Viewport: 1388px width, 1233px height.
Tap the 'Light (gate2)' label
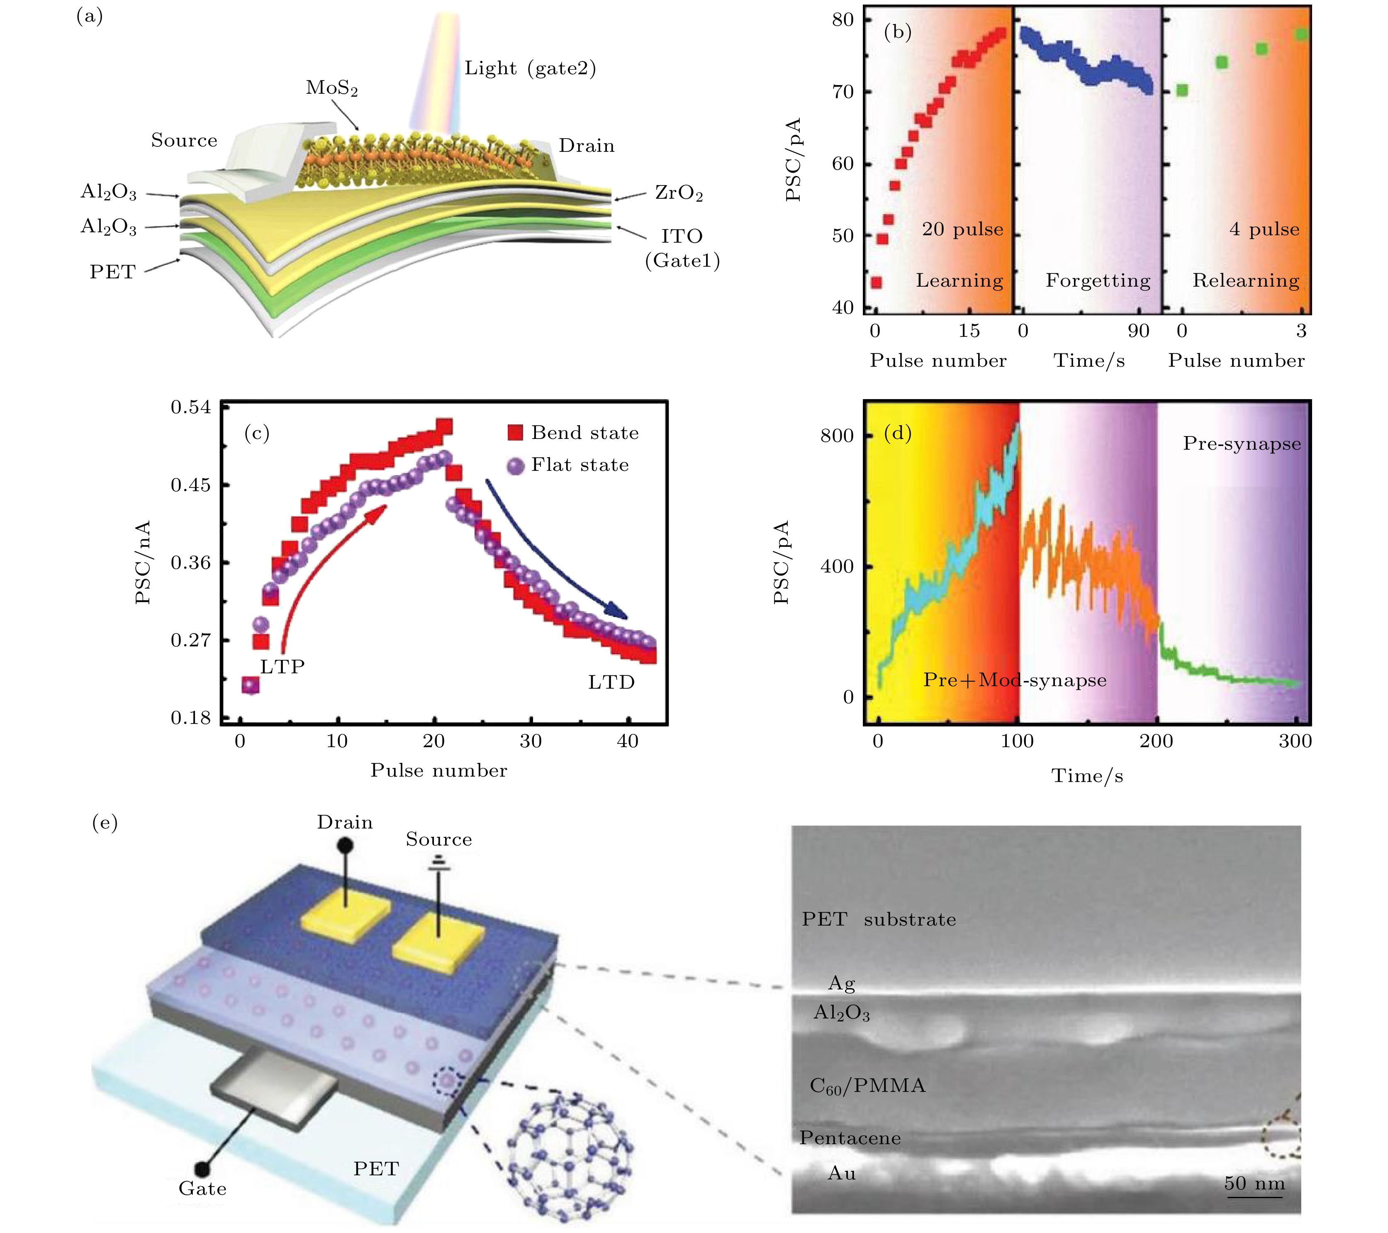coord(530,68)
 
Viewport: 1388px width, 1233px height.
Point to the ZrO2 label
coord(678,193)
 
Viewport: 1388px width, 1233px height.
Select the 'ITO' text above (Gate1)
coord(682,236)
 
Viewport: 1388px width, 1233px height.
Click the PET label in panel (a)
coord(113,272)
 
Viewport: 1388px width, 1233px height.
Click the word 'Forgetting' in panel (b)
coord(1097,280)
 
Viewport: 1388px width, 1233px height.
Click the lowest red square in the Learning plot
coord(877,283)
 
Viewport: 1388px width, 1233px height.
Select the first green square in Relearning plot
coord(1182,90)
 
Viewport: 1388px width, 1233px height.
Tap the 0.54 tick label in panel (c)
coord(191,407)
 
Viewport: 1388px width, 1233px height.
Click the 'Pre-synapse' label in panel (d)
coord(1241,444)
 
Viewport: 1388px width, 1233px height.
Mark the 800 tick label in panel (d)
coord(837,436)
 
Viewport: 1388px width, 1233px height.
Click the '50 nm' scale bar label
coord(1254,1184)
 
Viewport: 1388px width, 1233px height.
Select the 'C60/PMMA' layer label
coord(867,1086)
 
